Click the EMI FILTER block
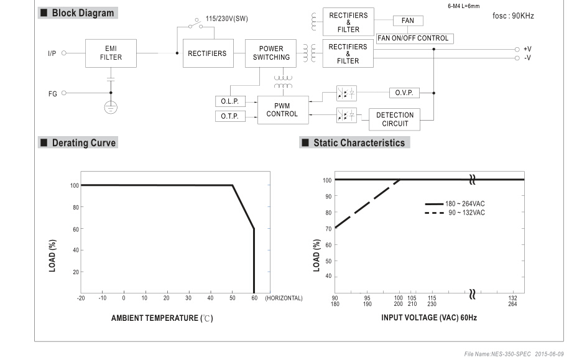[111, 53]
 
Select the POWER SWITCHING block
[270, 53]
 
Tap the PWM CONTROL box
[283, 110]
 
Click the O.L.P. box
[230, 101]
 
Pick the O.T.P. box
[230, 116]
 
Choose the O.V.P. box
[404, 93]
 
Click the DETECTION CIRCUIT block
[395, 119]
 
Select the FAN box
[408, 21]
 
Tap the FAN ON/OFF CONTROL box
[415, 39]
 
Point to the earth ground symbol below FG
[111, 108]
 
